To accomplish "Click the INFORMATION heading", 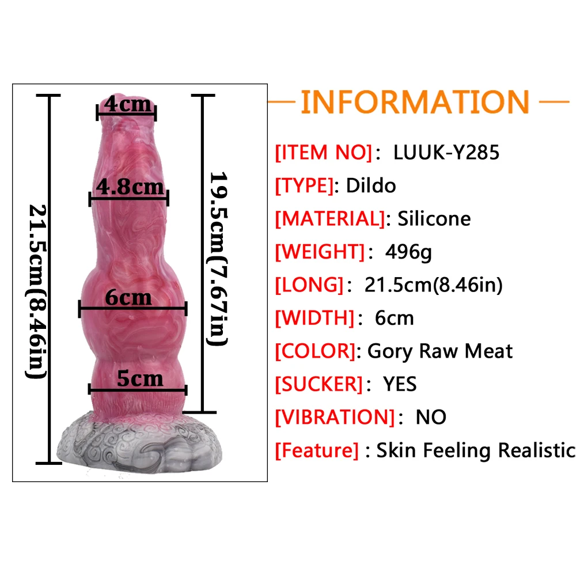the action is click(415, 102).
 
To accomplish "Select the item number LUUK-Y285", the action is click(446, 153).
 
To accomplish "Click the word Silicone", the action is click(434, 219).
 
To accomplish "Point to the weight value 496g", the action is click(408, 252).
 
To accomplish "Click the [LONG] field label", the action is click(309, 285).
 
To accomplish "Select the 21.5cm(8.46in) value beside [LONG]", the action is click(433, 285).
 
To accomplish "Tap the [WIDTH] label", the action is click(314, 317).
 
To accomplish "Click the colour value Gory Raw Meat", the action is click(439, 351).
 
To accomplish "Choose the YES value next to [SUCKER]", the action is click(400, 384).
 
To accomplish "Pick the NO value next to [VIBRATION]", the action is click(431, 416).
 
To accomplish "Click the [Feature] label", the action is click(317, 450).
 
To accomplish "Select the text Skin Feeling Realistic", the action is click(476, 450).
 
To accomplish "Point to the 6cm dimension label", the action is click(128, 297).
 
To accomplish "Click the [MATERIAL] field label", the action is click(329, 219).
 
